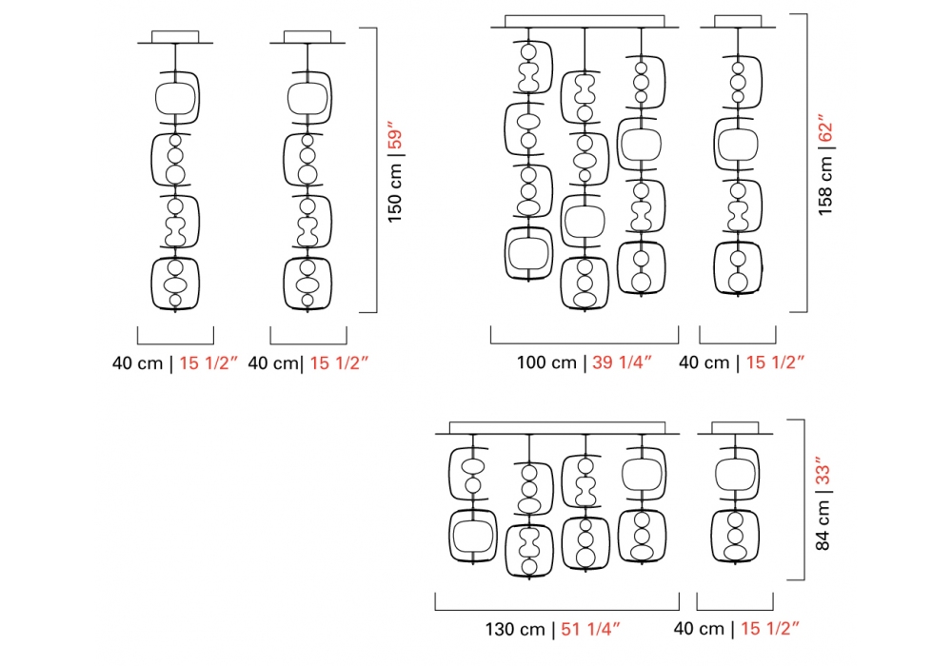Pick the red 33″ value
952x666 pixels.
823,472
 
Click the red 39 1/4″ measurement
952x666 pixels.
622,362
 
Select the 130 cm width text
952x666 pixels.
515,629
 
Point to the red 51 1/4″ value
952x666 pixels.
591,629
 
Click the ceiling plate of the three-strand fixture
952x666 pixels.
585,22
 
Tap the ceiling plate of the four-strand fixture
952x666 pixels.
557,428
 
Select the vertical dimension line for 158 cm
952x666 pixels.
807,162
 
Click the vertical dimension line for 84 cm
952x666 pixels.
804,499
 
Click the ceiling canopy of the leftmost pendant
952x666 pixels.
175,37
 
